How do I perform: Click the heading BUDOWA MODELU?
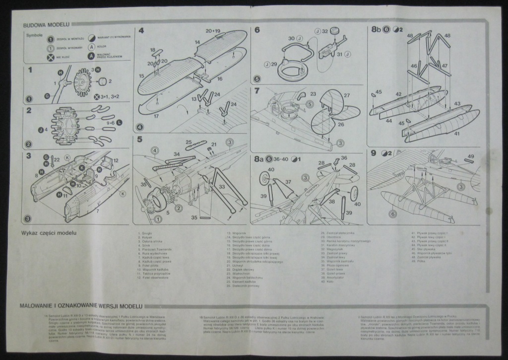point(46,24)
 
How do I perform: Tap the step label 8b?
point(377,30)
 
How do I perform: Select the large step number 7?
point(257,91)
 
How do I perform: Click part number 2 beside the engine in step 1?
point(110,81)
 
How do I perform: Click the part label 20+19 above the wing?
point(212,31)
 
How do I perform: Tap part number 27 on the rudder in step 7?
point(347,95)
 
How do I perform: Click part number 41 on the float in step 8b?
point(456,133)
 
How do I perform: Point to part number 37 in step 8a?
point(287,182)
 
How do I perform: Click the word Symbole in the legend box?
point(35,36)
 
